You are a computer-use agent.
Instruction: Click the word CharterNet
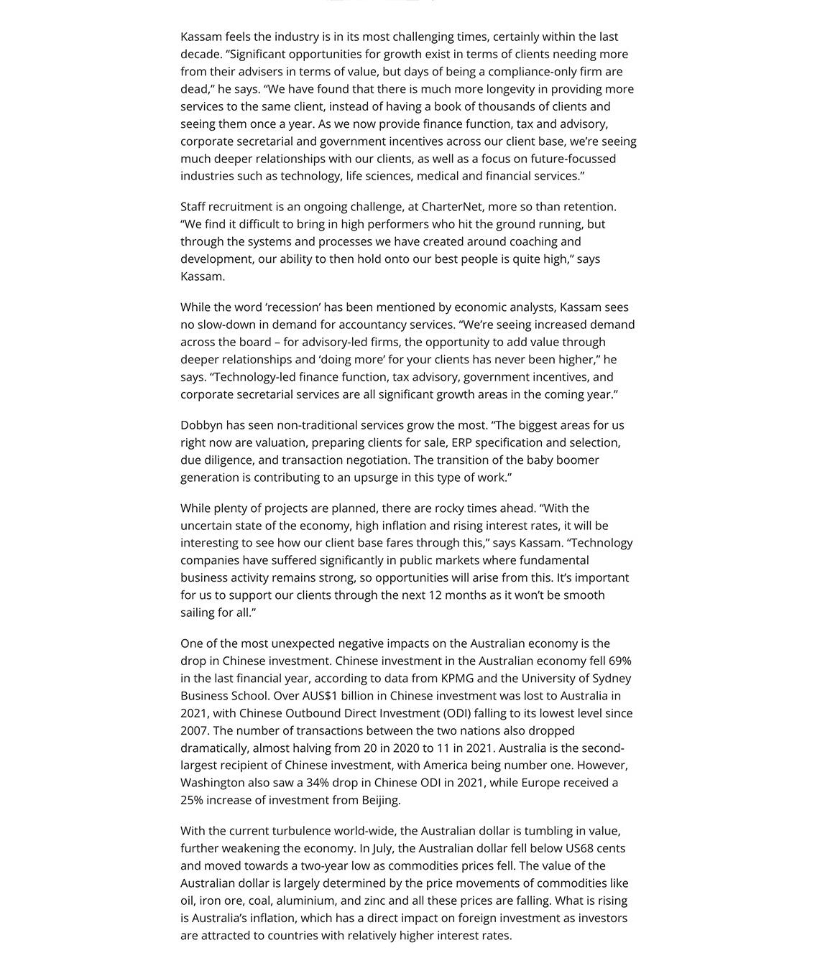(x=451, y=207)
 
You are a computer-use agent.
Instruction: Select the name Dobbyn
(x=201, y=425)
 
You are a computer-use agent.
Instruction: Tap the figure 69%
(x=619, y=661)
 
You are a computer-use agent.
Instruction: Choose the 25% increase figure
(x=192, y=800)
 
